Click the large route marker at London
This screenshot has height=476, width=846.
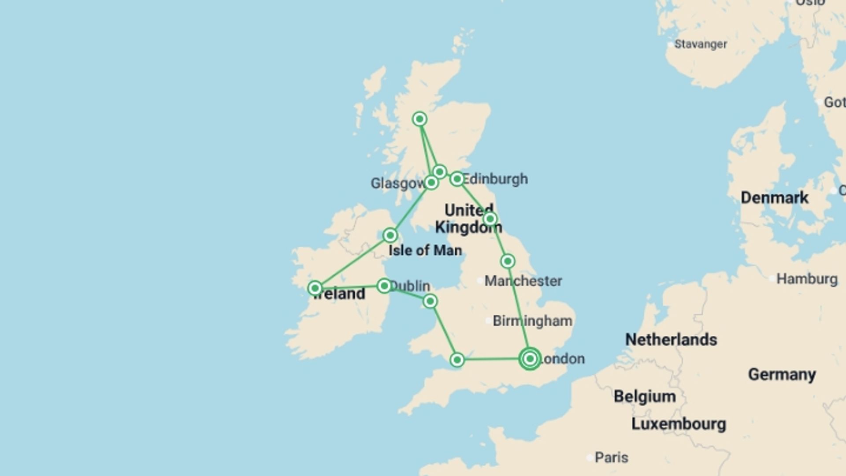[530, 359]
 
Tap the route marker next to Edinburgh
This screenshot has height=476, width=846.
[457, 179]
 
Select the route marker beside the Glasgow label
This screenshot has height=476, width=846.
[431, 182]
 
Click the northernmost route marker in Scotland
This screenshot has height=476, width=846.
[419, 119]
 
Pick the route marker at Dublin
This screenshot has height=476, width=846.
[384, 286]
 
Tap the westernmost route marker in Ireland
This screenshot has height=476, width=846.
[315, 288]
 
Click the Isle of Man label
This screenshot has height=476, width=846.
[425, 250]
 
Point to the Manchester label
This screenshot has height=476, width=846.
[523, 281]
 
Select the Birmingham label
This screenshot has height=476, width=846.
[532, 321]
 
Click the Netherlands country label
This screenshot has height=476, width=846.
[671, 339]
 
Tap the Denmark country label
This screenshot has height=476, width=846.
[774, 197]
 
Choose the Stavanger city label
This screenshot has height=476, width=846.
[701, 44]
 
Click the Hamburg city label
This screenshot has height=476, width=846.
[806, 279]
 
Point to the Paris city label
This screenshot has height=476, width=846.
[611, 457]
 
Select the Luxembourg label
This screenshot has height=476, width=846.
[679, 424]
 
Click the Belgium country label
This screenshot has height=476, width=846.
[645, 396]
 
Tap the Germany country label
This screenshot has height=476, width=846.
[782, 374]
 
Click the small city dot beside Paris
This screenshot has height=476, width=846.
[590, 458]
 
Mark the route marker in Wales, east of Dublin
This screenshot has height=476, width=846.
[430, 301]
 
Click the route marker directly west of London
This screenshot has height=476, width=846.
[457, 360]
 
